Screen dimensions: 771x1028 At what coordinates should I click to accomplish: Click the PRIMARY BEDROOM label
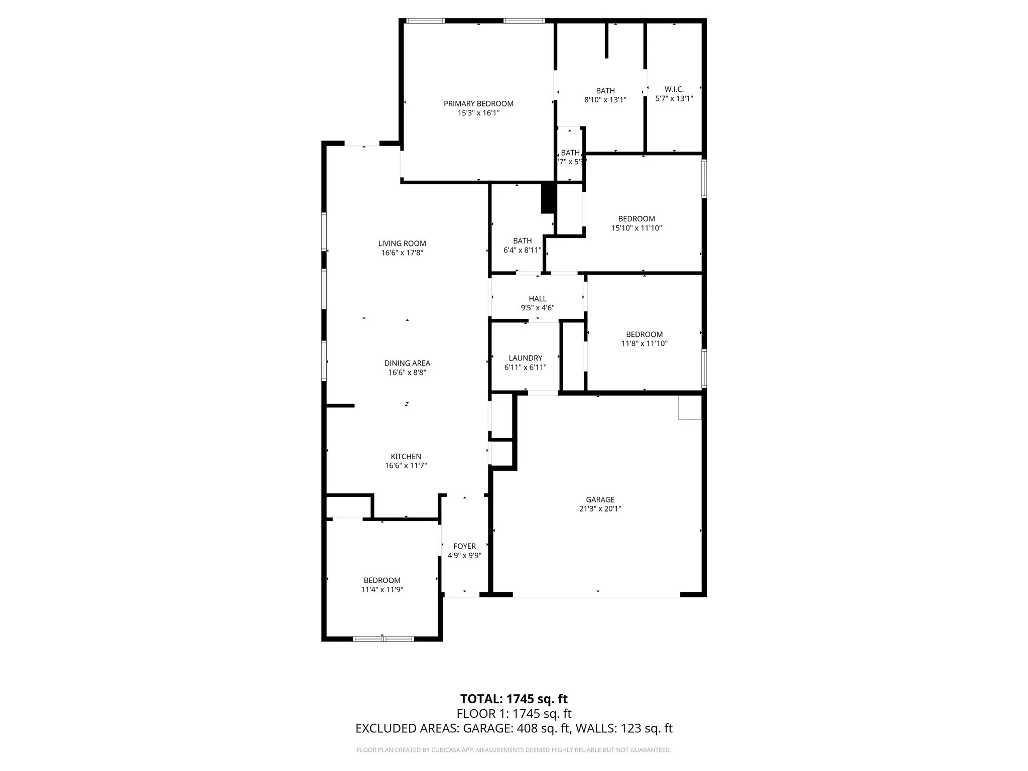(x=478, y=104)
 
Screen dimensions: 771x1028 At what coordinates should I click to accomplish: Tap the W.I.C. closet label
(x=674, y=89)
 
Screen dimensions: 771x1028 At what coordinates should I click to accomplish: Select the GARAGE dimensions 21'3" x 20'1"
(x=600, y=508)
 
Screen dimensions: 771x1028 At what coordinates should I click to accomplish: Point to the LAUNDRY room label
(x=525, y=358)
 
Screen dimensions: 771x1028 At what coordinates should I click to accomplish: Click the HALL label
(x=537, y=299)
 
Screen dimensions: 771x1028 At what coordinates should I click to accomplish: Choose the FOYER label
(x=464, y=546)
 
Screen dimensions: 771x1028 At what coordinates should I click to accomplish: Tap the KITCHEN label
(x=406, y=456)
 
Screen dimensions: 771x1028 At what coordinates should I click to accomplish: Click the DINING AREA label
(x=407, y=363)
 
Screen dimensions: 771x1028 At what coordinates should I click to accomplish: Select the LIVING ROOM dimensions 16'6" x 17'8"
(x=402, y=252)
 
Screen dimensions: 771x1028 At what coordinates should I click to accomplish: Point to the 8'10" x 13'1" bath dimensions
(x=605, y=100)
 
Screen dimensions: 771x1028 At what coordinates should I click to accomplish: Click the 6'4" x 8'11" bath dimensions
(x=522, y=250)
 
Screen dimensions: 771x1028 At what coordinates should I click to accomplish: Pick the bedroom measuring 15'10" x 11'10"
(x=636, y=223)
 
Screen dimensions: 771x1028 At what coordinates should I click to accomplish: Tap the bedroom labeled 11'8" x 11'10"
(x=644, y=339)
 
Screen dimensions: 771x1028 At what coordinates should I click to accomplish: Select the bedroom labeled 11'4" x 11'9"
(x=382, y=585)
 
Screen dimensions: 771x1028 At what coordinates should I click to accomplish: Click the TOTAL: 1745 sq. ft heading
(x=513, y=699)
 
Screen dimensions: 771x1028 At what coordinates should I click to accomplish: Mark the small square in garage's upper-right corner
(x=689, y=407)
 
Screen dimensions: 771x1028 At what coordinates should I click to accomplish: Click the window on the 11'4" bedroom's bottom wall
(x=383, y=638)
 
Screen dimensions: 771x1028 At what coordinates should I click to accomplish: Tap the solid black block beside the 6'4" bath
(x=547, y=198)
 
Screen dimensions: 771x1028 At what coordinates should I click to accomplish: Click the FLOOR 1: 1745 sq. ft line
(x=513, y=713)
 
